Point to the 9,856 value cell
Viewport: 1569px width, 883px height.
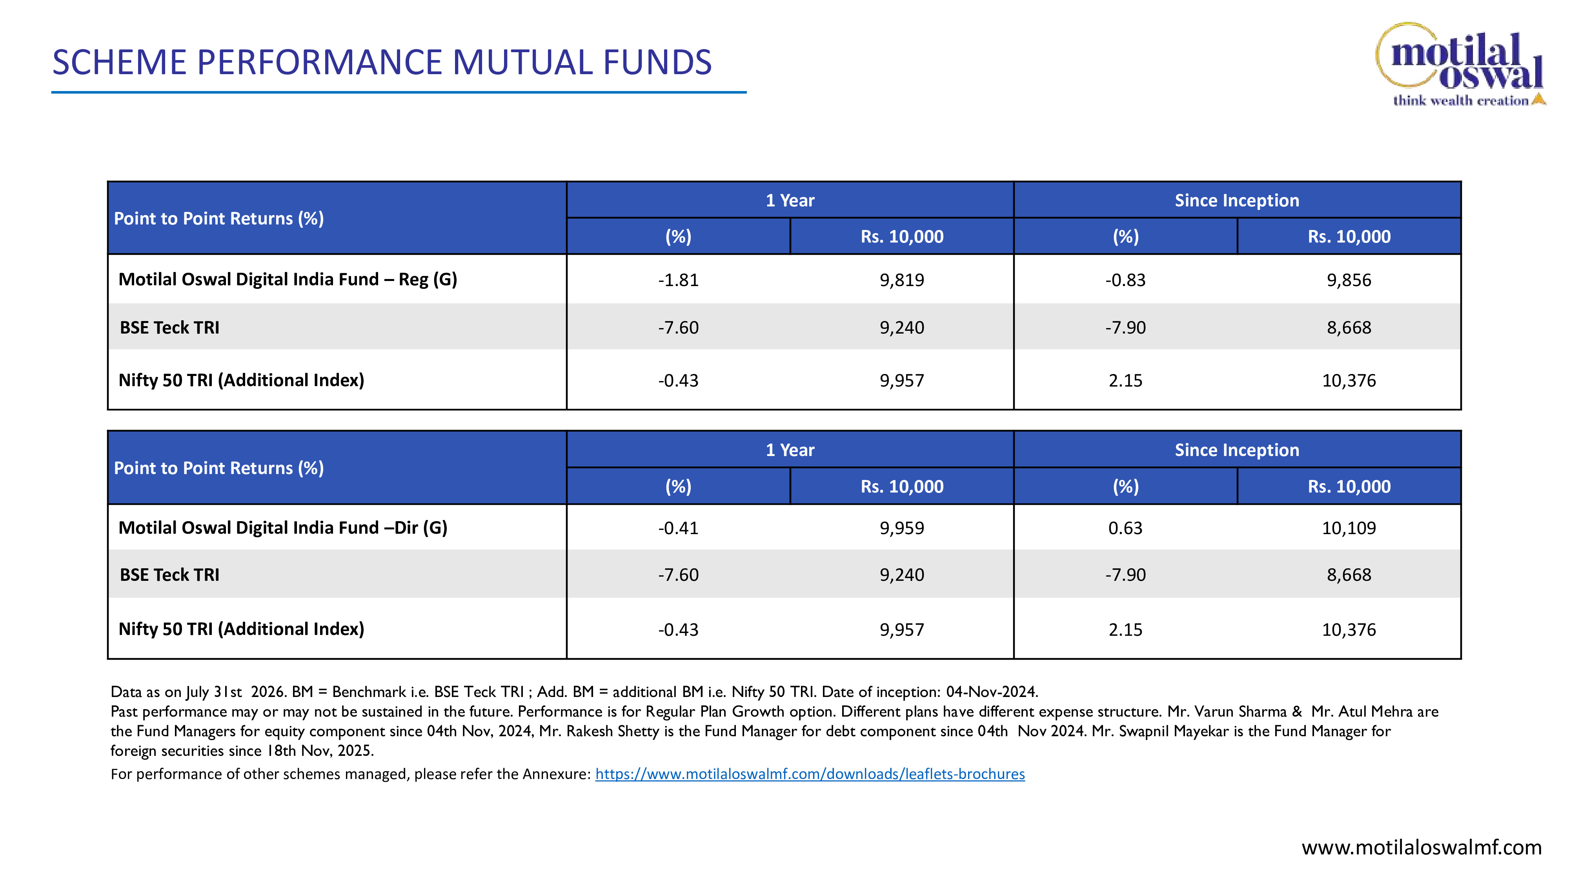(1349, 280)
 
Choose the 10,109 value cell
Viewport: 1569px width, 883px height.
(1349, 528)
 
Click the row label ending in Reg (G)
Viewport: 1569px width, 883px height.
(288, 279)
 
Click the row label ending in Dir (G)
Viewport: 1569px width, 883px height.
(282, 528)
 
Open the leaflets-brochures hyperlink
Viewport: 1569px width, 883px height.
(810, 774)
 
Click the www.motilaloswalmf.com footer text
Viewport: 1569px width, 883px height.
(1422, 847)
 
